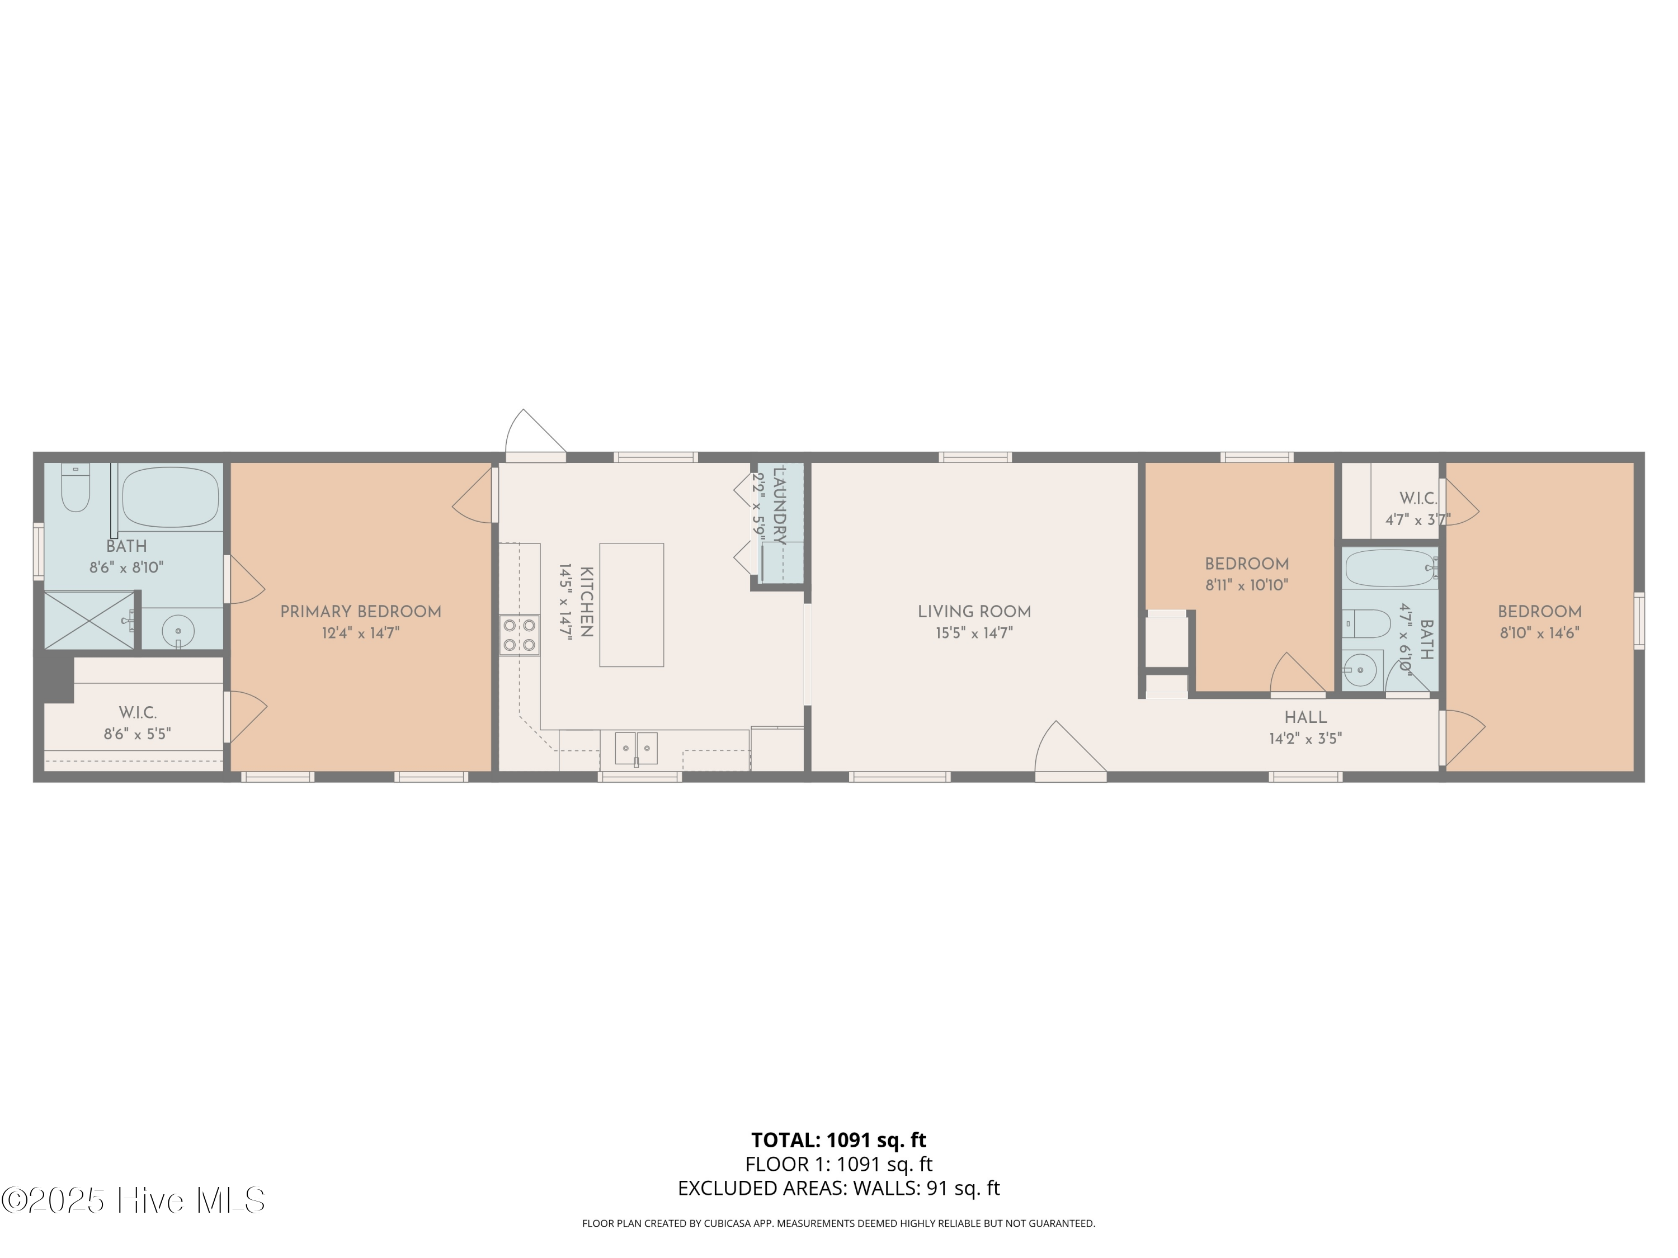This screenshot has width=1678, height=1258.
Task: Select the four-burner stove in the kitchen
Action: [x=519, y=636]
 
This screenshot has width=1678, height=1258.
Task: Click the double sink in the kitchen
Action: [x=636, y=749]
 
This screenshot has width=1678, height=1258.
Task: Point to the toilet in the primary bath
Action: [x=75, y=487]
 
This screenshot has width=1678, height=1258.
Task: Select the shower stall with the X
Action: [x=89, y=620]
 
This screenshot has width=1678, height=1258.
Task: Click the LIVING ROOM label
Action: [x=974, y=612]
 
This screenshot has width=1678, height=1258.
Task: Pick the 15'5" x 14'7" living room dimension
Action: [x=974, y=633]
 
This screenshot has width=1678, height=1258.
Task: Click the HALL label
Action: [x=1305, y=717]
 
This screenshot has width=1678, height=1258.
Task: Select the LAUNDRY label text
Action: [x=779, y=506]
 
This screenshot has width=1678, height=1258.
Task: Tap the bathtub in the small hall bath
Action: [x=1390, y=568]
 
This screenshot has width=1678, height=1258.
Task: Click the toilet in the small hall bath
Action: [x=1367, y=624]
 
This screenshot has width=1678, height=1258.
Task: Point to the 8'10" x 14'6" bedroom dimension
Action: [x=1539, y=633]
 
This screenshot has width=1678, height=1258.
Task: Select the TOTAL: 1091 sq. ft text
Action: [x=839, y=1141]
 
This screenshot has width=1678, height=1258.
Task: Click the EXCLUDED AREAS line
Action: [x=839, y=1188]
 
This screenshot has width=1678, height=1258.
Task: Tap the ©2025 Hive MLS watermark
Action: [x=134, y=1200]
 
